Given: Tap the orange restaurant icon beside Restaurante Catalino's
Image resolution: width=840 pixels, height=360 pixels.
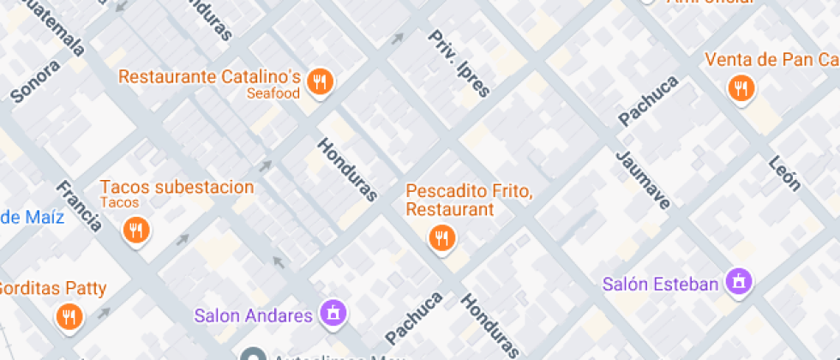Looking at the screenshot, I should [x=321, y=81].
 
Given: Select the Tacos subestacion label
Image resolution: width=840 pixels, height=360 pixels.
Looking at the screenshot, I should [x=177, y=187].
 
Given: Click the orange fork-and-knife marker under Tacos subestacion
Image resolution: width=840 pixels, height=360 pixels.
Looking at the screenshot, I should [x=135, y=229].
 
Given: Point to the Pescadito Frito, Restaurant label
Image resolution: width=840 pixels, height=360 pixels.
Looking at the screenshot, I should [x=469, y=200].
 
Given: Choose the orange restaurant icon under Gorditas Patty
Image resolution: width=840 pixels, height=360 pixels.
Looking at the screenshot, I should [x=69, y=317].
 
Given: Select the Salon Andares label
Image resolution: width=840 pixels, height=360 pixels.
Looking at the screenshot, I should [x=254, y=315].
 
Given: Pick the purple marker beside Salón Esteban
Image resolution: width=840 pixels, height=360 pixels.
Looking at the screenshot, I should [x=737, y=280].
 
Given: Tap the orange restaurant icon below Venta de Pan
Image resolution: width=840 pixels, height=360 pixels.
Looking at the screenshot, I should [x=740, y=87].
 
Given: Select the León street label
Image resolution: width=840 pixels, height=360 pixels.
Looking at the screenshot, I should [x=784, y=174].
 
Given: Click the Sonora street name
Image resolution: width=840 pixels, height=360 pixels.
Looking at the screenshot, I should [x=35, y=81].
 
